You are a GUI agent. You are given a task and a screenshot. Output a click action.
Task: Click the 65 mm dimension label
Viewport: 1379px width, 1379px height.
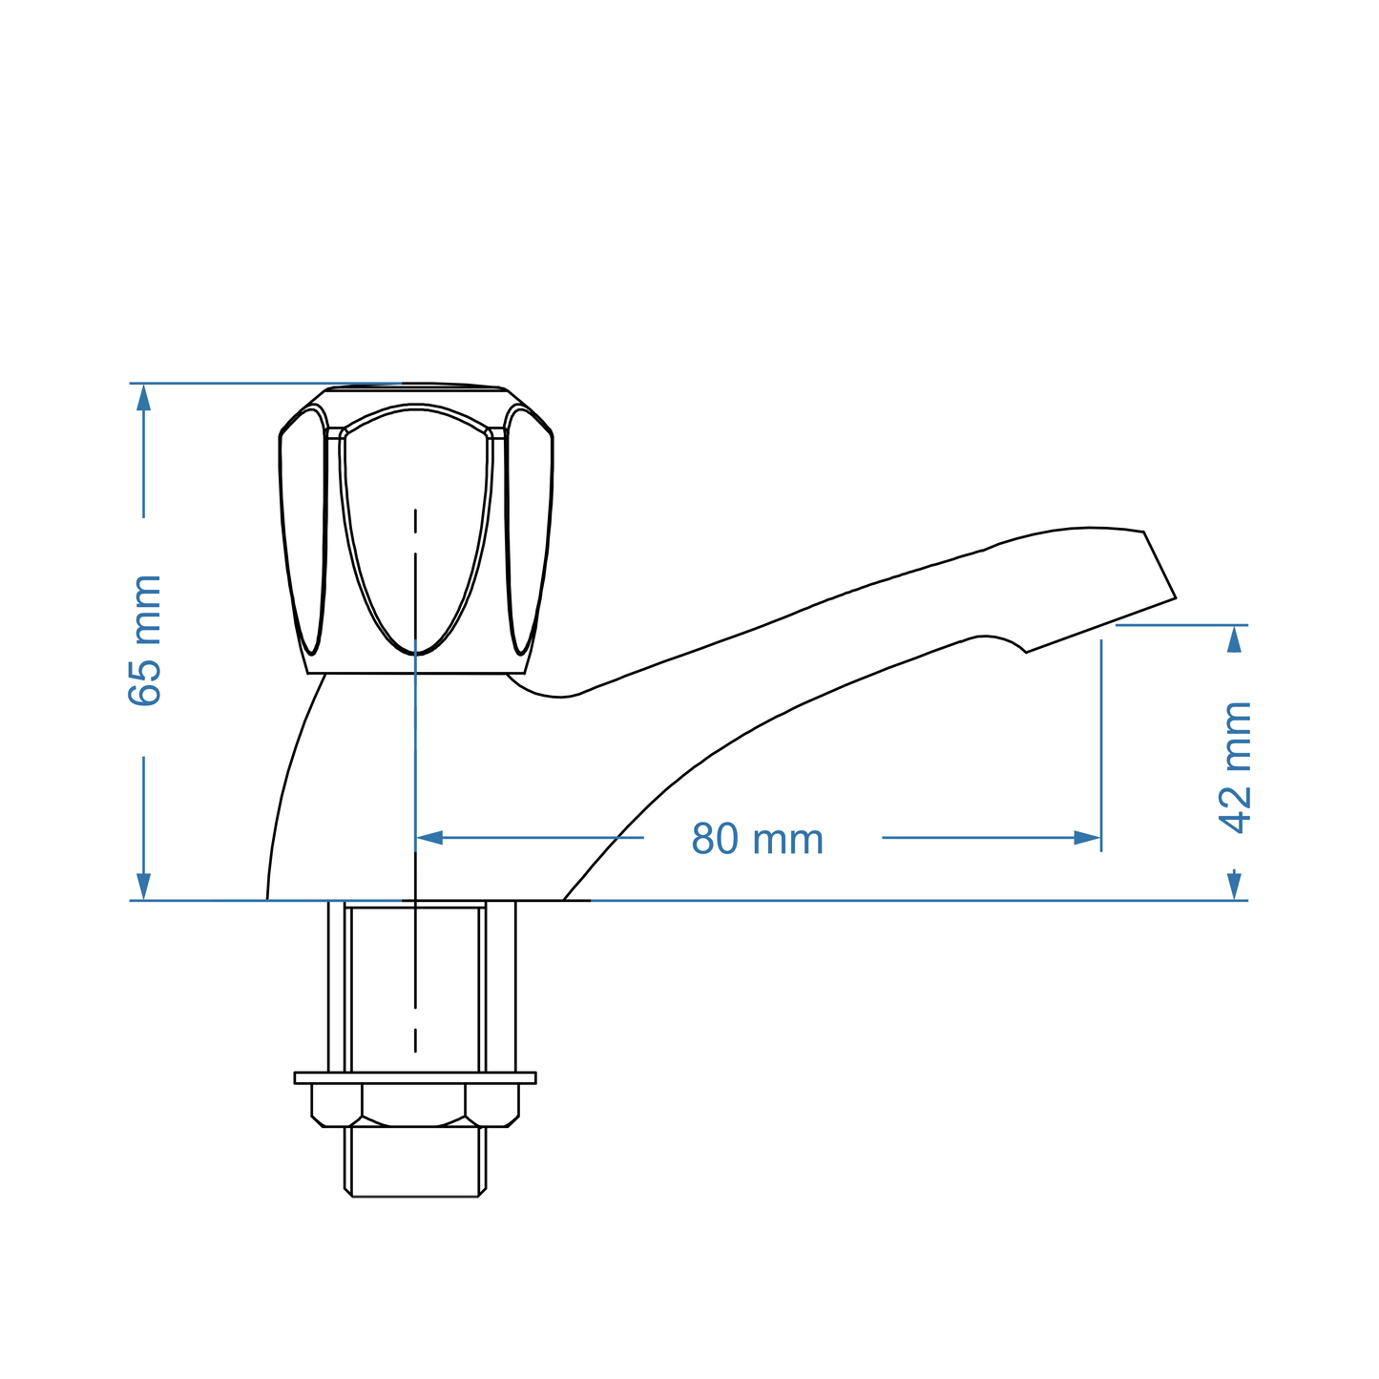(x=145, y=639)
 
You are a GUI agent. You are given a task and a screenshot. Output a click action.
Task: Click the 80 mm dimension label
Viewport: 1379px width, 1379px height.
(x=757, y=840)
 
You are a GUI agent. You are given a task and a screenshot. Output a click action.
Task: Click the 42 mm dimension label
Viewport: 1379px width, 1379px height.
(x=1236, y=766)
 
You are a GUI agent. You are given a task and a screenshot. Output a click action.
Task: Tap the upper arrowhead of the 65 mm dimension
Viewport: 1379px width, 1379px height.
(x=144, y=396)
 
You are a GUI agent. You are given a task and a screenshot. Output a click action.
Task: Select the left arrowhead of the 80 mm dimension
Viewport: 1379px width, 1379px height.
(x=429, y=838)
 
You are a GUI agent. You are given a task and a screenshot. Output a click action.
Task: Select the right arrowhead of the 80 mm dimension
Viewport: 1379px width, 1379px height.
(x=1087, y=838)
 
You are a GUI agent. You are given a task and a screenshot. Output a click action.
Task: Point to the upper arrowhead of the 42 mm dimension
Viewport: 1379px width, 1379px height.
(x=1235, y=638)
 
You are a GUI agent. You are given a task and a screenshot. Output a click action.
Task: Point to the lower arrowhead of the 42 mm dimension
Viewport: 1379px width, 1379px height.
(x=1235, y=886)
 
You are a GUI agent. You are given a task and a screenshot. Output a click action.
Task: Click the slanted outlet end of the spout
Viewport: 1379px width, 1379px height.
(x=1159, y=565)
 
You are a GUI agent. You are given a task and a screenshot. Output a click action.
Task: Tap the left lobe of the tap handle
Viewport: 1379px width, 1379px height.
(x=303, y=525)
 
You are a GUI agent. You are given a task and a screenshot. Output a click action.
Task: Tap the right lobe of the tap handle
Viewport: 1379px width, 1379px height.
(x=529, y=525)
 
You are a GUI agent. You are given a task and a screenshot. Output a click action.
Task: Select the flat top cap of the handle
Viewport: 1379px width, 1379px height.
(x=415, y=387)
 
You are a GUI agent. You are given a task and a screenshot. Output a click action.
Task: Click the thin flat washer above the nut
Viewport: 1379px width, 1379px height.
(x=415, y=1077)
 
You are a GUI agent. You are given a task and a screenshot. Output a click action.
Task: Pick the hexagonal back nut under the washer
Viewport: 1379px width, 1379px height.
(x=415, y=1105)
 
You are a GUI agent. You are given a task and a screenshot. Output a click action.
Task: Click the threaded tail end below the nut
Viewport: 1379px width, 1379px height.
(x=415, y=1161)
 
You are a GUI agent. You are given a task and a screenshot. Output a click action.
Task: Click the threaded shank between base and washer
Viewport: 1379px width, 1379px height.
(x=415, y=988)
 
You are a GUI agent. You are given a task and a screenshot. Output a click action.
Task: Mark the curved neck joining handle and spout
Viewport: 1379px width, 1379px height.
(x=544, y=689)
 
